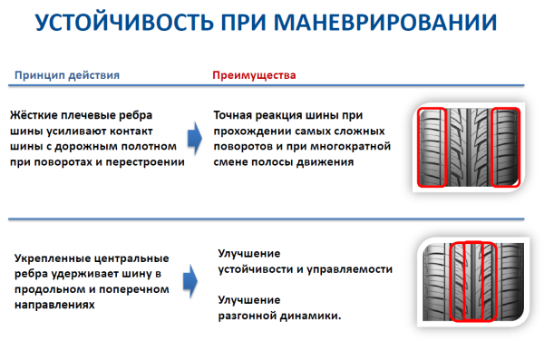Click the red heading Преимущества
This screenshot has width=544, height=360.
tap(254, 75)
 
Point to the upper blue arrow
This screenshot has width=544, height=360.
tap(192, 139)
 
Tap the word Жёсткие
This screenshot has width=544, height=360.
tap(37, 116)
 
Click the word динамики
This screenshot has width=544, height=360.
tap(312, 316)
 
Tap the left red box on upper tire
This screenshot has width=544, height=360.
tap(432, 147)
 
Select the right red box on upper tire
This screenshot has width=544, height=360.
tap(506, 147)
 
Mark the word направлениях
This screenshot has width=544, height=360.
tap(51, 305)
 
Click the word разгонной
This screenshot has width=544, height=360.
tap(248, 316)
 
